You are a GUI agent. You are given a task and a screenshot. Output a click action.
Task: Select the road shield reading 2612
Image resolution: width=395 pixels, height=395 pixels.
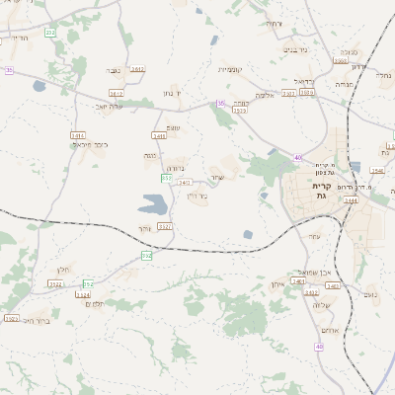(137, 69)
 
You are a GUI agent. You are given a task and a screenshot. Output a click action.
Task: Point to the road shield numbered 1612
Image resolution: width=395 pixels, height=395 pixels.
(117, 93)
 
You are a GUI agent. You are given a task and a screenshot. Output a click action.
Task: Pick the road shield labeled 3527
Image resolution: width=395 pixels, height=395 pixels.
(165, 226)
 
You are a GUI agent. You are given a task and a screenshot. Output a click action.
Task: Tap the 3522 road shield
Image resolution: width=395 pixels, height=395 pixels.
(56, 283)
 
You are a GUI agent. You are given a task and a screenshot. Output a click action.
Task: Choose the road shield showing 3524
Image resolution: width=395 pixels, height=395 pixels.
(83, 294)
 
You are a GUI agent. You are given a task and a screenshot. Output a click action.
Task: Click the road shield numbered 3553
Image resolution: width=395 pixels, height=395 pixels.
(340, 60)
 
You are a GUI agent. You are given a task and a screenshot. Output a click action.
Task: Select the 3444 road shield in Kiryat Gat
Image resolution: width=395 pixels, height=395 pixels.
(351, 200)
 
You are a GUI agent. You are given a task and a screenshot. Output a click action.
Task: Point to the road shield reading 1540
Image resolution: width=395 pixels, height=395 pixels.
(376, 171)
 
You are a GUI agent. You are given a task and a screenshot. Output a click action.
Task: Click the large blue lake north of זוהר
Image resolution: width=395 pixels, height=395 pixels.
(153, 204)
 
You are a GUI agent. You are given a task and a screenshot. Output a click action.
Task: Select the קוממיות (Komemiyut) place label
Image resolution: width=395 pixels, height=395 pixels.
(229, 69)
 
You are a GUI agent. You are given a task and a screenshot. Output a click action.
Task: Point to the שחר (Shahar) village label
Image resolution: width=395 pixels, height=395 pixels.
(216, 179)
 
